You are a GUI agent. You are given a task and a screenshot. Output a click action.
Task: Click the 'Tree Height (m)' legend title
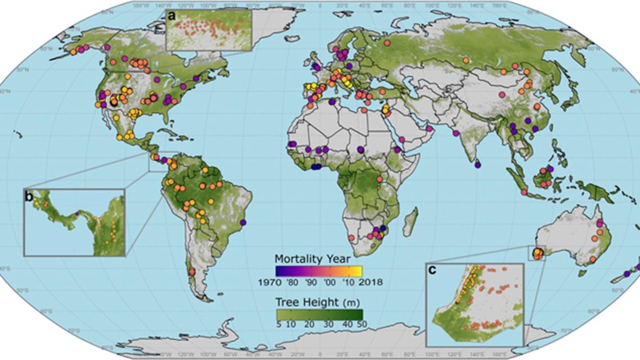pyautogui.click(x=318, y=301)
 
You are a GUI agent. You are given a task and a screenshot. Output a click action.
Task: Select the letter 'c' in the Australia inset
pyautogui.click(x=433, y=270)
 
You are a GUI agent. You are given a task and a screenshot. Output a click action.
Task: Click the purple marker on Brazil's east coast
pyautogui.click(x=244, y=222)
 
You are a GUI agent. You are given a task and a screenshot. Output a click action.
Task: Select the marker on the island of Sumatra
pyautogui.click(x=524, y=192)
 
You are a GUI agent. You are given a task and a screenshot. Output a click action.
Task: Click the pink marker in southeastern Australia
pyautogui.click(x=593, y=260)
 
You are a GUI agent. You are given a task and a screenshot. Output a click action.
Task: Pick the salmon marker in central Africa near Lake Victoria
pyautogui.click(x=380, y=179)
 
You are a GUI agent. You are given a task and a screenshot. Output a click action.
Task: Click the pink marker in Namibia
pyautogui.click(x=351, y=237)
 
